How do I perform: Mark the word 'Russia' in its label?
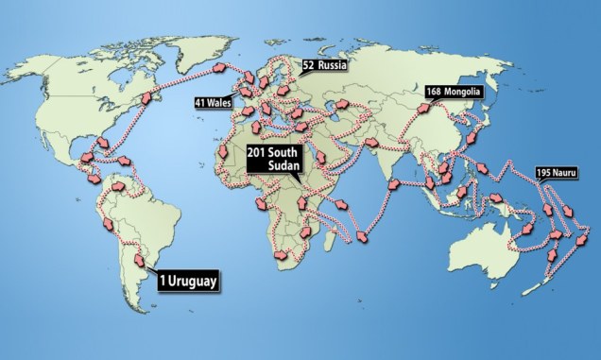pyautogui.click(x=334, y=66)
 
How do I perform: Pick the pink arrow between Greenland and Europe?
pyautogui.click(x=220, y=68)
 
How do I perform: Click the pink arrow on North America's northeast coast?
pyautogui.click(x=146, y=97)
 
